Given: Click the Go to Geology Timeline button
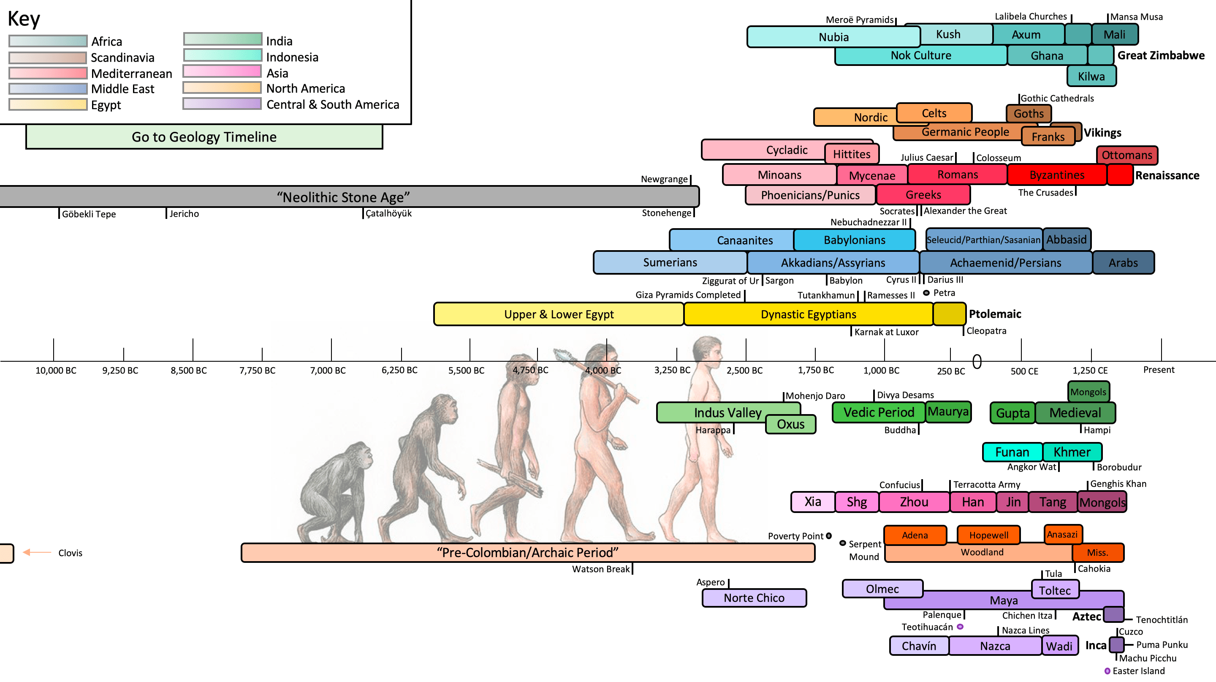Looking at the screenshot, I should point(204,137).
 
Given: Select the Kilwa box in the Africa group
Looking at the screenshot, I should point(1091,76).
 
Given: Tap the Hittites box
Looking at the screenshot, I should point(852,154).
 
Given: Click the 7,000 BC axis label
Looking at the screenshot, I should point(328,370).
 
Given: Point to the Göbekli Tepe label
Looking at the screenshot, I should point(89,214).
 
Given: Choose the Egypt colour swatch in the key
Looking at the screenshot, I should point(48,104).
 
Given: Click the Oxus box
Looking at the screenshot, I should point(790,424).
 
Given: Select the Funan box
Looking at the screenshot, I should point(1012,452).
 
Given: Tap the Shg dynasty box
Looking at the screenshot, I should point(856,502).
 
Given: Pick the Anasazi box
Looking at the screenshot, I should point(1062,534).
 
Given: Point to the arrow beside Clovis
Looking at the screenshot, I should point(37,552).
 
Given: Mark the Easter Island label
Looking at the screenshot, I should point(1138,671).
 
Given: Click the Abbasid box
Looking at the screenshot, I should point(1067,240).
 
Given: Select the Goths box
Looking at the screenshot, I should point(1029,113).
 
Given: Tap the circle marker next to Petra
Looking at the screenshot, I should point(926,293).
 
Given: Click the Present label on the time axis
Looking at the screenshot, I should point(1159,370).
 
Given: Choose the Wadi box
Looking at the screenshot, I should point(1059,646).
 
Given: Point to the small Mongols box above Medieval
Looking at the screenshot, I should point(1088,392).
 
